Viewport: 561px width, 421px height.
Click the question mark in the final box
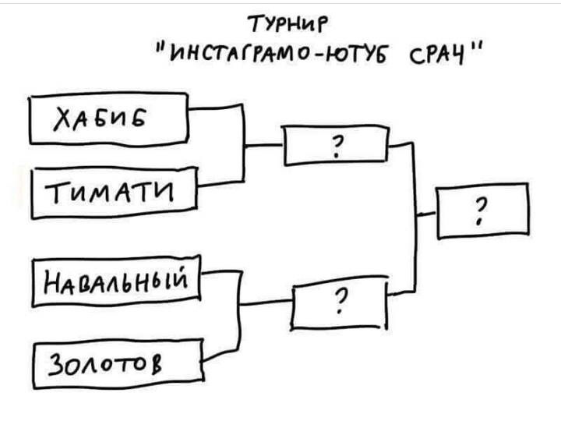481,211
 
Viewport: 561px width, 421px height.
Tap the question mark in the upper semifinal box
337,147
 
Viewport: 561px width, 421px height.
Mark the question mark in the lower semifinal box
342,301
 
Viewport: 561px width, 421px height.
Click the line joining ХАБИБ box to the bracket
216,107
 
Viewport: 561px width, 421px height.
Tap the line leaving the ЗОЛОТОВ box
221,355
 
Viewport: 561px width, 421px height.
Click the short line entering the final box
427,214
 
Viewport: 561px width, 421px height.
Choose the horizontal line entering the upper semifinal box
264,145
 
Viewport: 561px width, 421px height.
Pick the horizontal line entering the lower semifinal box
266,302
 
